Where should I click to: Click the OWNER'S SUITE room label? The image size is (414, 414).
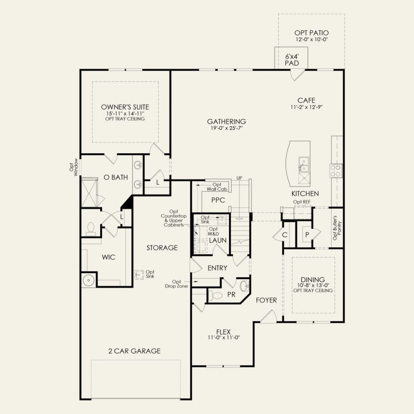coord(125,107)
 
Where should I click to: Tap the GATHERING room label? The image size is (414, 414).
coord(227,121)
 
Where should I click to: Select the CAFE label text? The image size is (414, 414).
coord(306,100)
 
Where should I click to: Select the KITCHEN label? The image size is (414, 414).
coord(305,193)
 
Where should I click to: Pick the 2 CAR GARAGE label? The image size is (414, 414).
coord(134,351)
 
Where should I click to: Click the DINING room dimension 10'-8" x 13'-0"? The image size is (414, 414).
coord(312,285)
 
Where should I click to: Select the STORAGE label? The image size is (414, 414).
coord(162,247)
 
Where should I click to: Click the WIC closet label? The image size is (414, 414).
coord(109,257)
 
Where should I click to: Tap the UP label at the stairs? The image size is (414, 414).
coord(239,178)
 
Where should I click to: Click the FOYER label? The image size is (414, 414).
coord(266,300)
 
